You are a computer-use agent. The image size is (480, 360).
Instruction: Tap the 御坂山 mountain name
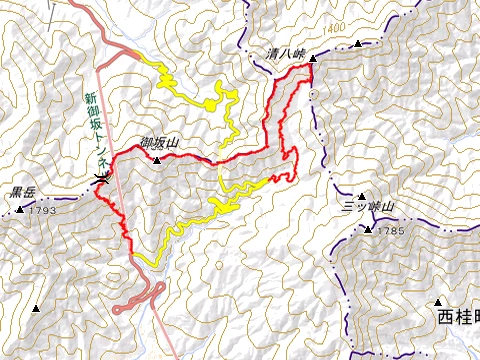point(158,144)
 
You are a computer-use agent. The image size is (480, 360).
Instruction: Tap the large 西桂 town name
point(458,318)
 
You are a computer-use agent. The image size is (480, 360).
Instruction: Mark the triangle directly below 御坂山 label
point(157,158)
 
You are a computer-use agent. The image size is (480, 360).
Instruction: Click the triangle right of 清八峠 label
point(311,59)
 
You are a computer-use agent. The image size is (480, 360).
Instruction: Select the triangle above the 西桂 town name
point(439,301)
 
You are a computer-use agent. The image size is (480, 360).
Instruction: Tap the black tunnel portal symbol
point(100,179)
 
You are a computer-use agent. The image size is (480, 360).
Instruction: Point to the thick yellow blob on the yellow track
point(213,102)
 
